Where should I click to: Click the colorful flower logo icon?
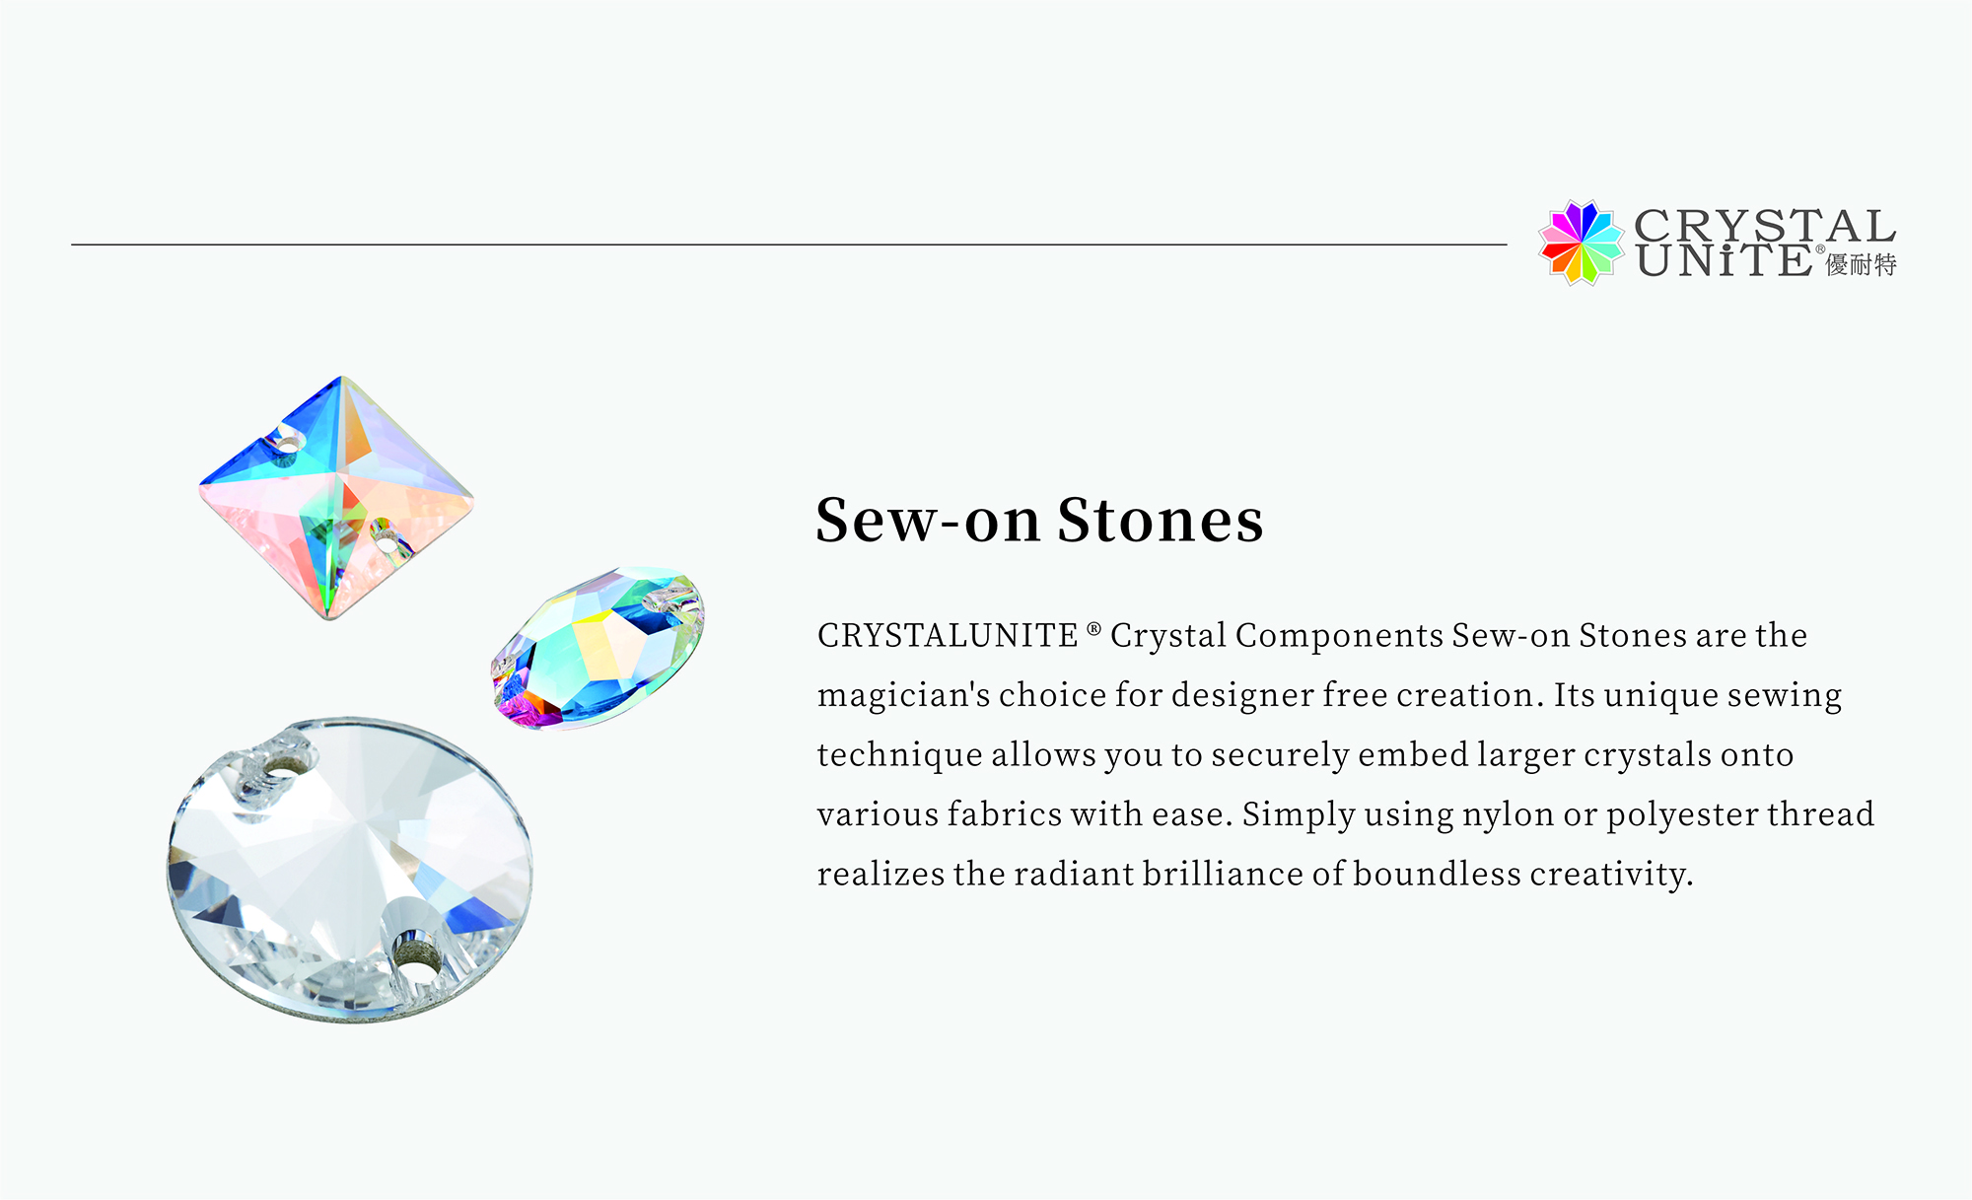[x=1582, y=243]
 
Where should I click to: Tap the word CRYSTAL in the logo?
[x=1765, y=226]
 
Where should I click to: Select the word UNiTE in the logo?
[x=1724, y=260]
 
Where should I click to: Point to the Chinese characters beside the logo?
[x=1862, y=264]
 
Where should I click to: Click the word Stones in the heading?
[x=1160, y=520]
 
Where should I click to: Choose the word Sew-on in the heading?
[x=928, y=520]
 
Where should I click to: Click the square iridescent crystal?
[x=336, y=497]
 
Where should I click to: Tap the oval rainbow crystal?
[x=599, y=647]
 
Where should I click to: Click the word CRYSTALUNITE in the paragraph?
[x=948, y=636]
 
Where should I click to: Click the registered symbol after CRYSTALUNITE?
[x=1093, y=628]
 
